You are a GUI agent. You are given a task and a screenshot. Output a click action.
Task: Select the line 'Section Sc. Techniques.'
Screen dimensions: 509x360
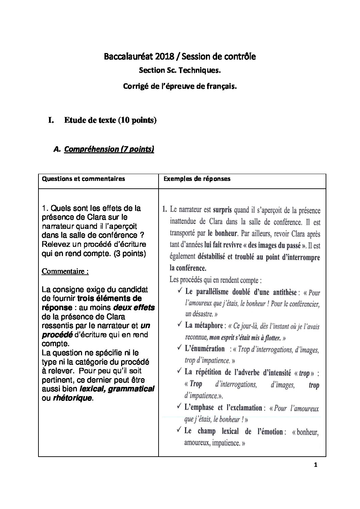[x=180, y=71]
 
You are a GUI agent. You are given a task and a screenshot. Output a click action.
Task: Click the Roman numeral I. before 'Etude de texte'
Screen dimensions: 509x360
[x=51, y=120]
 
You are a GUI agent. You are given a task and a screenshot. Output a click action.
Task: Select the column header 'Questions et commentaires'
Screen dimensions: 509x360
[x=83, y=179]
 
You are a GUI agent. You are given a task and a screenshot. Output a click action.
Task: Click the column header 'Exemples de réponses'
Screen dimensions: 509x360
[x=197, y=179]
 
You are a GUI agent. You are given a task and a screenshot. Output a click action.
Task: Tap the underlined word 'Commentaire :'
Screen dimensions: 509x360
[x=65, y=271]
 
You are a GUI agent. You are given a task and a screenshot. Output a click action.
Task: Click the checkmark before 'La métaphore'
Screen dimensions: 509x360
[x=179, y=325]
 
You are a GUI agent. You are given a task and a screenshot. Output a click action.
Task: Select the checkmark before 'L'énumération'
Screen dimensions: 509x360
[x=179, y=349]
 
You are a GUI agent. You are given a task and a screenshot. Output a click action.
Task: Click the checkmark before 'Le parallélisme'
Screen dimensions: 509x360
[x=179, y=291]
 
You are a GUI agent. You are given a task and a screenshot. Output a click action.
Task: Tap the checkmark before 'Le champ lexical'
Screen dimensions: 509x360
[x=179, y=430]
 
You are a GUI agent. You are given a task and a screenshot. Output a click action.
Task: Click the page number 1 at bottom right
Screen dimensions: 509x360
[x=316, y=465]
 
